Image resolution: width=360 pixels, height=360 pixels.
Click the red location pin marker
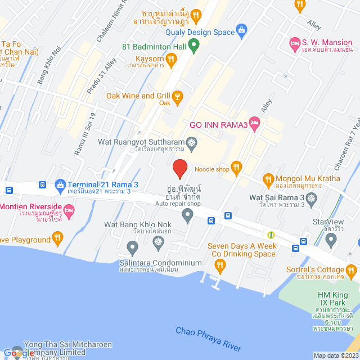[x=179, y=168]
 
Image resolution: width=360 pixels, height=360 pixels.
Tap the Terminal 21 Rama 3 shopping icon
[x=60, y=184]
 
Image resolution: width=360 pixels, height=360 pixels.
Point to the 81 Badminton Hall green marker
[x=193, y=45]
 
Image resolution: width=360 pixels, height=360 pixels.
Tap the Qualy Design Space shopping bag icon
[x=242, y=29]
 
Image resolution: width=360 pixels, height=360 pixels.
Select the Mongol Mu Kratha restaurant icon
[x=268, y=179]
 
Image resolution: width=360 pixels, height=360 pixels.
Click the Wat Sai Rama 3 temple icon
[x=312, y=197]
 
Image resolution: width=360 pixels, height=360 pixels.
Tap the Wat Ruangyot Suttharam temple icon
[x=192, y=143]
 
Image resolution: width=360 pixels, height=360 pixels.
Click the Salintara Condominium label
[x=160, y=263]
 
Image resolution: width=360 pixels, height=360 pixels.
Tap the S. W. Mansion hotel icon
[x=295, y=43]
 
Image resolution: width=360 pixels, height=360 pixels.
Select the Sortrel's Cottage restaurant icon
[x=350, y=274]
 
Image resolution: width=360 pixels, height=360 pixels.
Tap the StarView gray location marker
[x=331, y=240]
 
